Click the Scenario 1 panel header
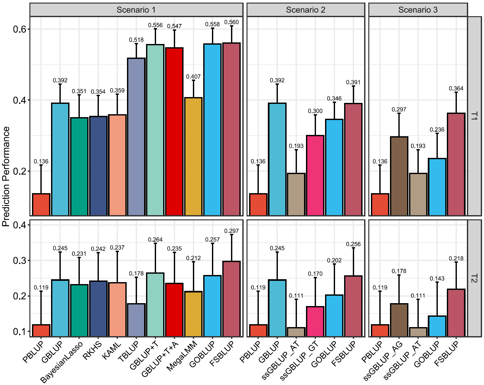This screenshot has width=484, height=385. coord(136,10)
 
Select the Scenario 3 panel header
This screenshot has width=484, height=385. coord(418,10)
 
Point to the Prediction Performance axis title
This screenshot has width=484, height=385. coord(6,176)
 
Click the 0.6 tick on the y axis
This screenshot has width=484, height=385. coord(19,29)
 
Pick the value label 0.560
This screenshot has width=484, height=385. coord(231,22)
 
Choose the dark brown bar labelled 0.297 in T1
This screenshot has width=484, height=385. coord(399,176)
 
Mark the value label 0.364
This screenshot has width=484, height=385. coord(456,88)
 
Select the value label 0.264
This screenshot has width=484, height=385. coord(155,240)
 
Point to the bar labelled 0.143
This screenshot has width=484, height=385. coord(437,326)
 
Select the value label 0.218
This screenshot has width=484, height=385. coord(456,258)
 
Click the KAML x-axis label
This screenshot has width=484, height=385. coord(112,351)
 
